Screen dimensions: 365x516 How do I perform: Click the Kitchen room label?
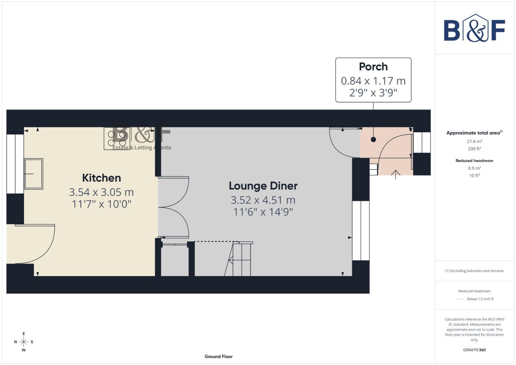[101, 178]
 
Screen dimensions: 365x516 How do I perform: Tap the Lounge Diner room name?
[263, 186]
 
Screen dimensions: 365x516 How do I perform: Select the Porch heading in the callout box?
[373, 67]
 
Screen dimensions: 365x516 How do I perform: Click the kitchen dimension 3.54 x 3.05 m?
[101, 192]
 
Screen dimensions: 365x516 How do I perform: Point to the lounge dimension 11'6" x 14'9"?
[263, 212]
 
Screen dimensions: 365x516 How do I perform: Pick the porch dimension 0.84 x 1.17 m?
[373, 81]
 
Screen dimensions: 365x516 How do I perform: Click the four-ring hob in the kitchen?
[117, 139]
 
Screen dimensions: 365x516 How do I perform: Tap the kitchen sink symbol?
[33, 174]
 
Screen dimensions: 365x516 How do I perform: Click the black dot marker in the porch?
[373, 139]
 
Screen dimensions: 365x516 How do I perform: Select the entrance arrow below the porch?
[395, 174]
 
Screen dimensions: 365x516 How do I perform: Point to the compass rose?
[24, 342]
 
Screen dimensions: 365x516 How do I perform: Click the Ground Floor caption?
[219, 357]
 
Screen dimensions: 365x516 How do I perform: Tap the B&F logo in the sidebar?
[474, 28]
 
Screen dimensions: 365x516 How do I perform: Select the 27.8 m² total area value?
[474, 142]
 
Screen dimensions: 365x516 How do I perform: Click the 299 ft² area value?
[474, 149]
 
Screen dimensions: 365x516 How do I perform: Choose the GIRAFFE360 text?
[474, 350]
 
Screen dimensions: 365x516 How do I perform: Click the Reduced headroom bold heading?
[474, 161]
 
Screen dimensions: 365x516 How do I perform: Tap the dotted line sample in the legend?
[460, 299]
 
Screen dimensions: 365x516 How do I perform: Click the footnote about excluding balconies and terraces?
[474, 271]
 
